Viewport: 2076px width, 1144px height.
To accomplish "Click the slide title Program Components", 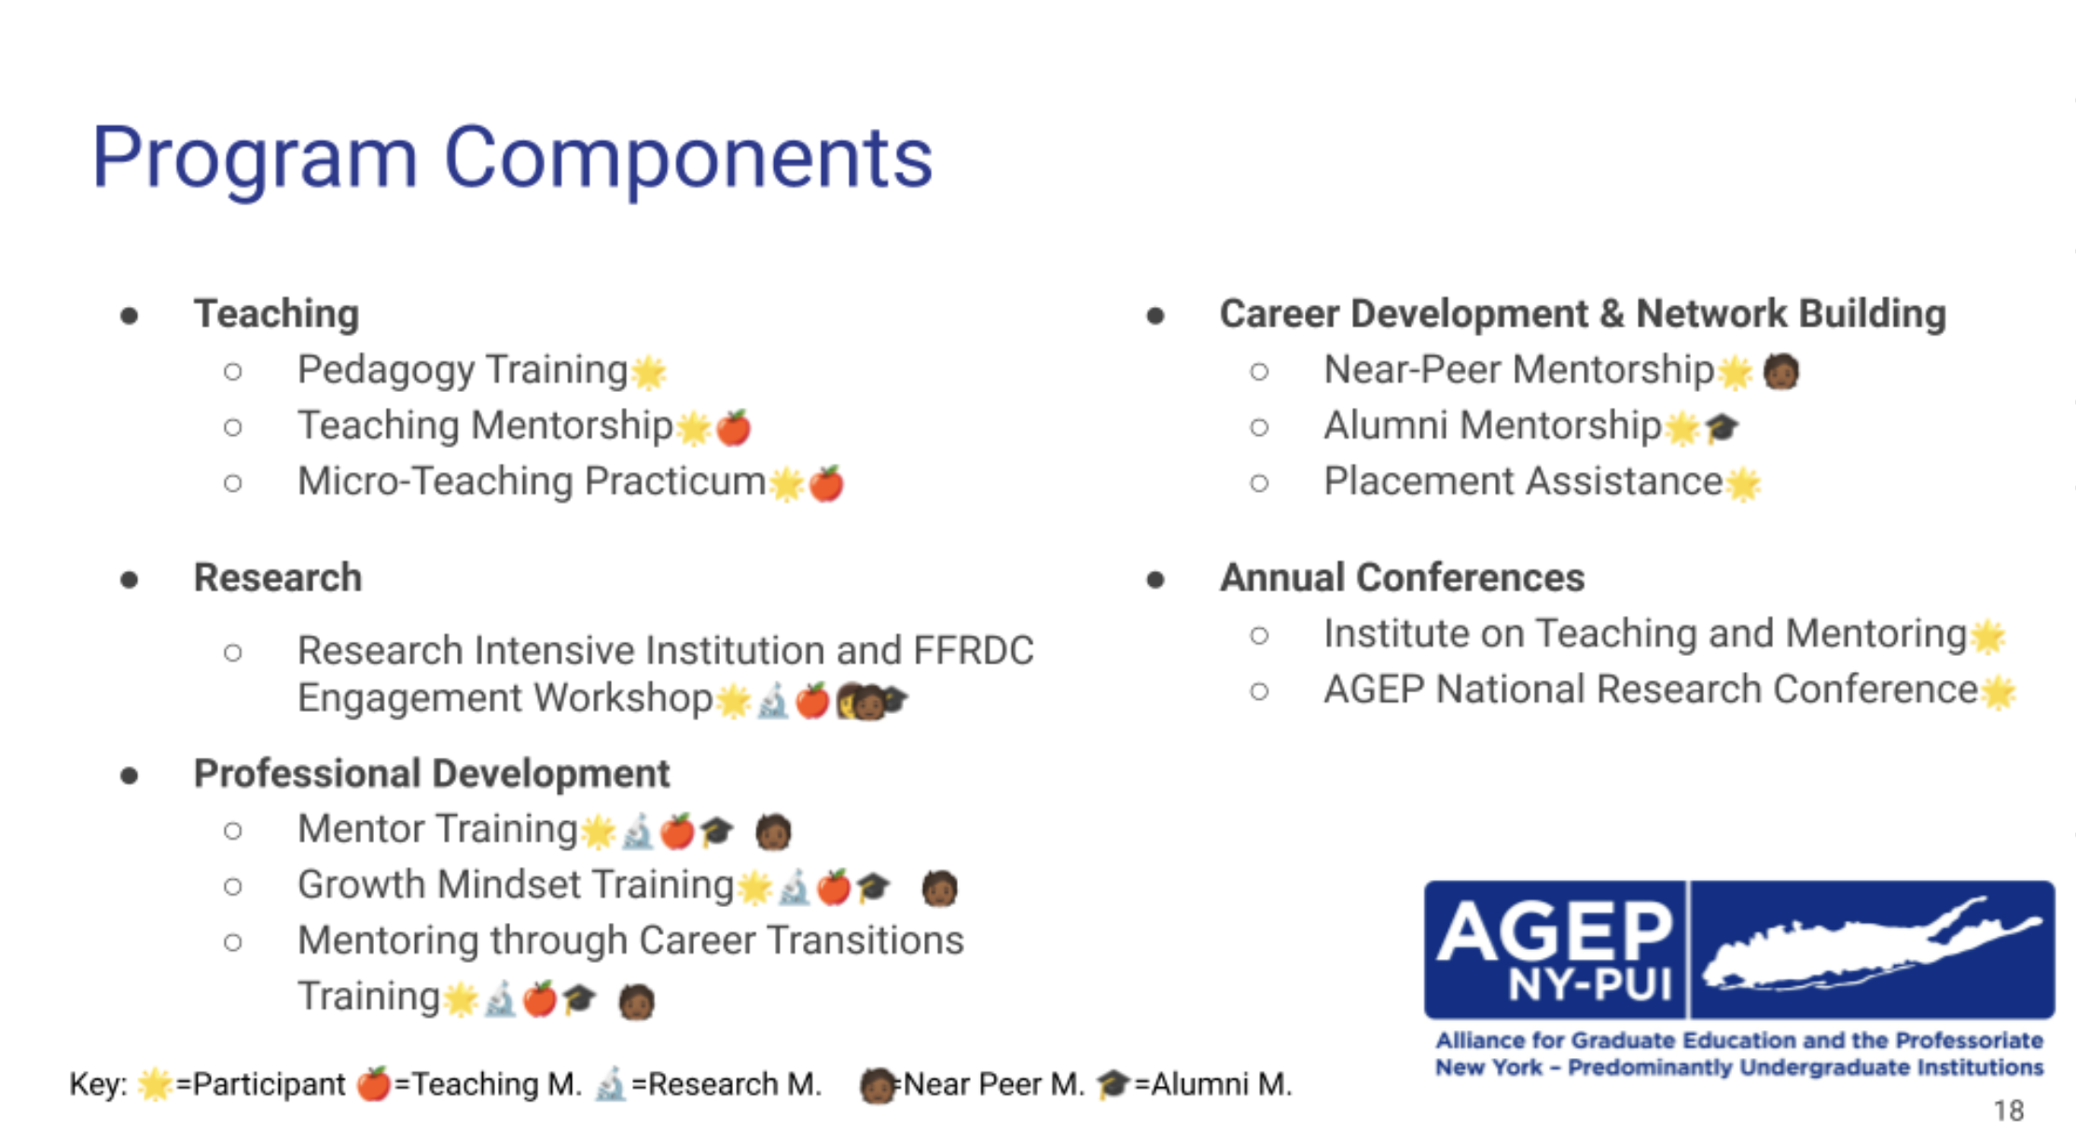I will tap(511, 159).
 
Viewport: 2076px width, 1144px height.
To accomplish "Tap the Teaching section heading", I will tap(276, 314).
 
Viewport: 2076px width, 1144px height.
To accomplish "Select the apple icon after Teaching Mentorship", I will tap(734, 427).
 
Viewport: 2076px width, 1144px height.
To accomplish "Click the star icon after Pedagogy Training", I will tap(648, 371).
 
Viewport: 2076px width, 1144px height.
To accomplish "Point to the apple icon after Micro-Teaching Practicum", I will tap(826, 483).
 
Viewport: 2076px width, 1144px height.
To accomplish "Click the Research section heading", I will tap(277, 578).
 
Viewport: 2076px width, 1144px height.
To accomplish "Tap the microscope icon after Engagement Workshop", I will tap(773, 701).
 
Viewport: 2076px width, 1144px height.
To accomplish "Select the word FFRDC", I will tap(974, 650).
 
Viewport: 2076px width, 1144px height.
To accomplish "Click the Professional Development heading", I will tap(431, 774).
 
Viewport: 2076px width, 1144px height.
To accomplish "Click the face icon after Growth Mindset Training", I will tap(939, 887).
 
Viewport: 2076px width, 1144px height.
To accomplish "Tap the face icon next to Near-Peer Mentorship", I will tap(1781, 371).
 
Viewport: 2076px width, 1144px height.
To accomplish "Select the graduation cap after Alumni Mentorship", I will tap(1722, 427).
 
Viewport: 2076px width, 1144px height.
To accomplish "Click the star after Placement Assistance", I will tap(1743, 483).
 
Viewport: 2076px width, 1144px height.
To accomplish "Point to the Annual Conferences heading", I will tap(1402, 578).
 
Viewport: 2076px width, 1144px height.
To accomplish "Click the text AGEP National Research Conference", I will tap(1650, 691).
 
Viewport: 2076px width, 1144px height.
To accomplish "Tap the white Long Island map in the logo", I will tap(1870, 947).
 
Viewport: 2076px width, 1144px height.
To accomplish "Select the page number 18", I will tap(2009, 1110).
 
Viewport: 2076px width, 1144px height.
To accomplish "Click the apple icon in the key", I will tap(373, 1083).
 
